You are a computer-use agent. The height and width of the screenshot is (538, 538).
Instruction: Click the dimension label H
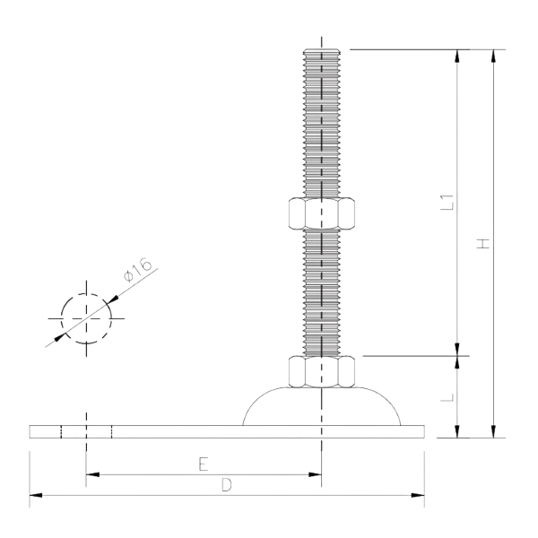[483, 242]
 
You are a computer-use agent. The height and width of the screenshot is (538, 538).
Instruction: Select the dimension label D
[227, 485]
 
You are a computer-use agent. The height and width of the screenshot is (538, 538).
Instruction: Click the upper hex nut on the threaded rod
[321, 213]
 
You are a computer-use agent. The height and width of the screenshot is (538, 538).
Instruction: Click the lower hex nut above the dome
[321, 369]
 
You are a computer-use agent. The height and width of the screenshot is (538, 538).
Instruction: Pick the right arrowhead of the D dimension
[417, 494]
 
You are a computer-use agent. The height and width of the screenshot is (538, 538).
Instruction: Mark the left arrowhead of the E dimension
[90, 473]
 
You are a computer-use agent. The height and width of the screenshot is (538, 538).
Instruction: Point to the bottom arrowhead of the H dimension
[493, 433]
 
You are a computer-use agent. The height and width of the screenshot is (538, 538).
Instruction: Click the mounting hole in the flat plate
[85, 431]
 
